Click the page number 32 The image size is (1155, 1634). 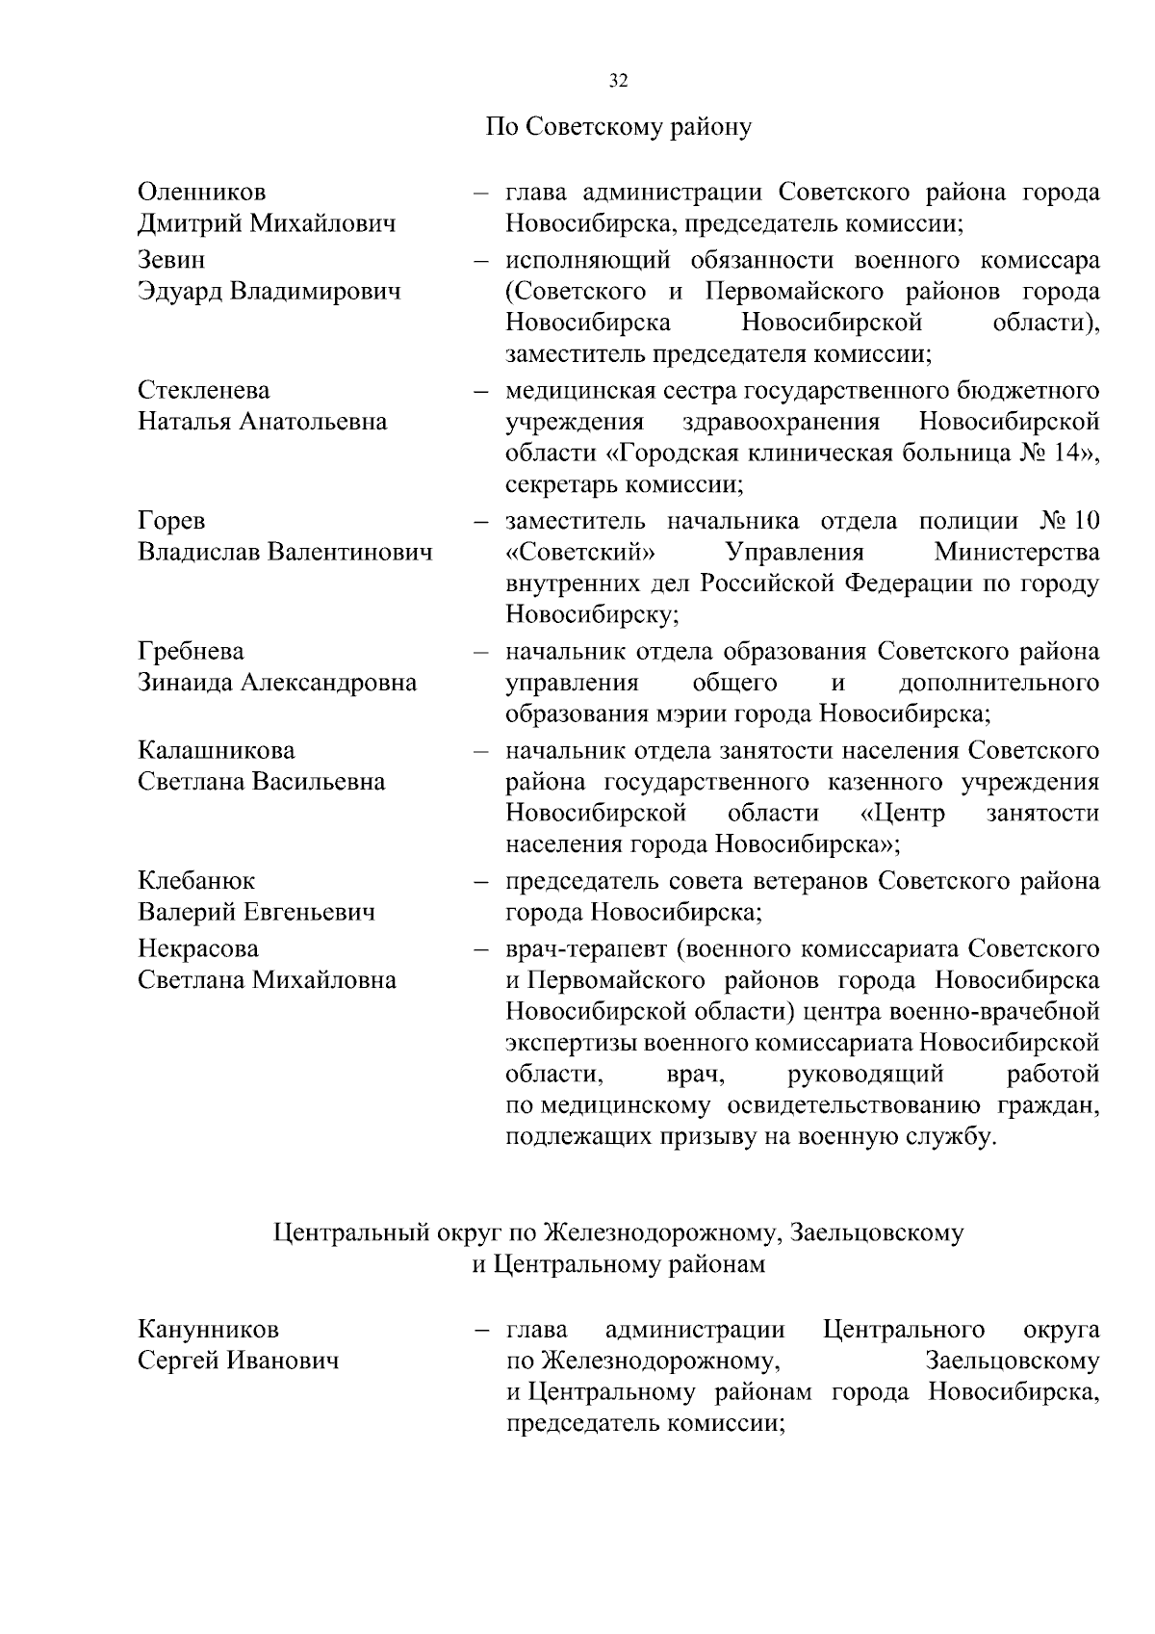tap(619, 82)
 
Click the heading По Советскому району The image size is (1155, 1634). tap(618, 127)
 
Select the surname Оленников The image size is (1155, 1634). tap(202, 193)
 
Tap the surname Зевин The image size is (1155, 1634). tap(171, 261)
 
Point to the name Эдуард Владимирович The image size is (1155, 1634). tap(269, 292)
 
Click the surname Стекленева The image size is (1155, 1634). tap(204, 391)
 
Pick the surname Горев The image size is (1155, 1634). tap(171, 522)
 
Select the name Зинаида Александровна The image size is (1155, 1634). tap(277, 683)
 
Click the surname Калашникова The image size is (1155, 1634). tap(217, 750)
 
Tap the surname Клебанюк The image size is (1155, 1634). tap(197, 881)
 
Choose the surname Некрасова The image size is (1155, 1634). tap(198, 949)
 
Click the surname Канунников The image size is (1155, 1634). tap(209, 1331)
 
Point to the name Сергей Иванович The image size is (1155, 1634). tap(239, 1362)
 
